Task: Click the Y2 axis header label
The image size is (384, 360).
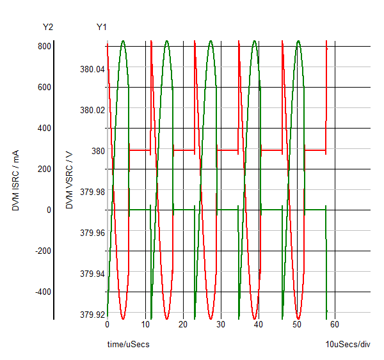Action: coord(47,27)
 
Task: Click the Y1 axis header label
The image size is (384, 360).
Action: coord(101,27)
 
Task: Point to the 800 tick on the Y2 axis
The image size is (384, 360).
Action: coord(44,46)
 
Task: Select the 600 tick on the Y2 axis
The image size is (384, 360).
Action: coord(44,87)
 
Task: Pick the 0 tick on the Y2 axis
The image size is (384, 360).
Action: coord(48,210)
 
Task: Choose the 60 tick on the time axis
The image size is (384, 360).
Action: coord(334,325)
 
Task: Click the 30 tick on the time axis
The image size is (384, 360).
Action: coord(221,325)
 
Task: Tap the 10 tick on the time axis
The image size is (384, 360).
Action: coord(145,325)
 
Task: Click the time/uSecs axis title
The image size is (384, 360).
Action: coord(128,345)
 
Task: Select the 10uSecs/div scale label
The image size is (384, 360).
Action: coord(348,345)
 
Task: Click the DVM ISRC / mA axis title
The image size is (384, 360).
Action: coord(15,181)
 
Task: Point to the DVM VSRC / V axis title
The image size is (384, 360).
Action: coord(69,181)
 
